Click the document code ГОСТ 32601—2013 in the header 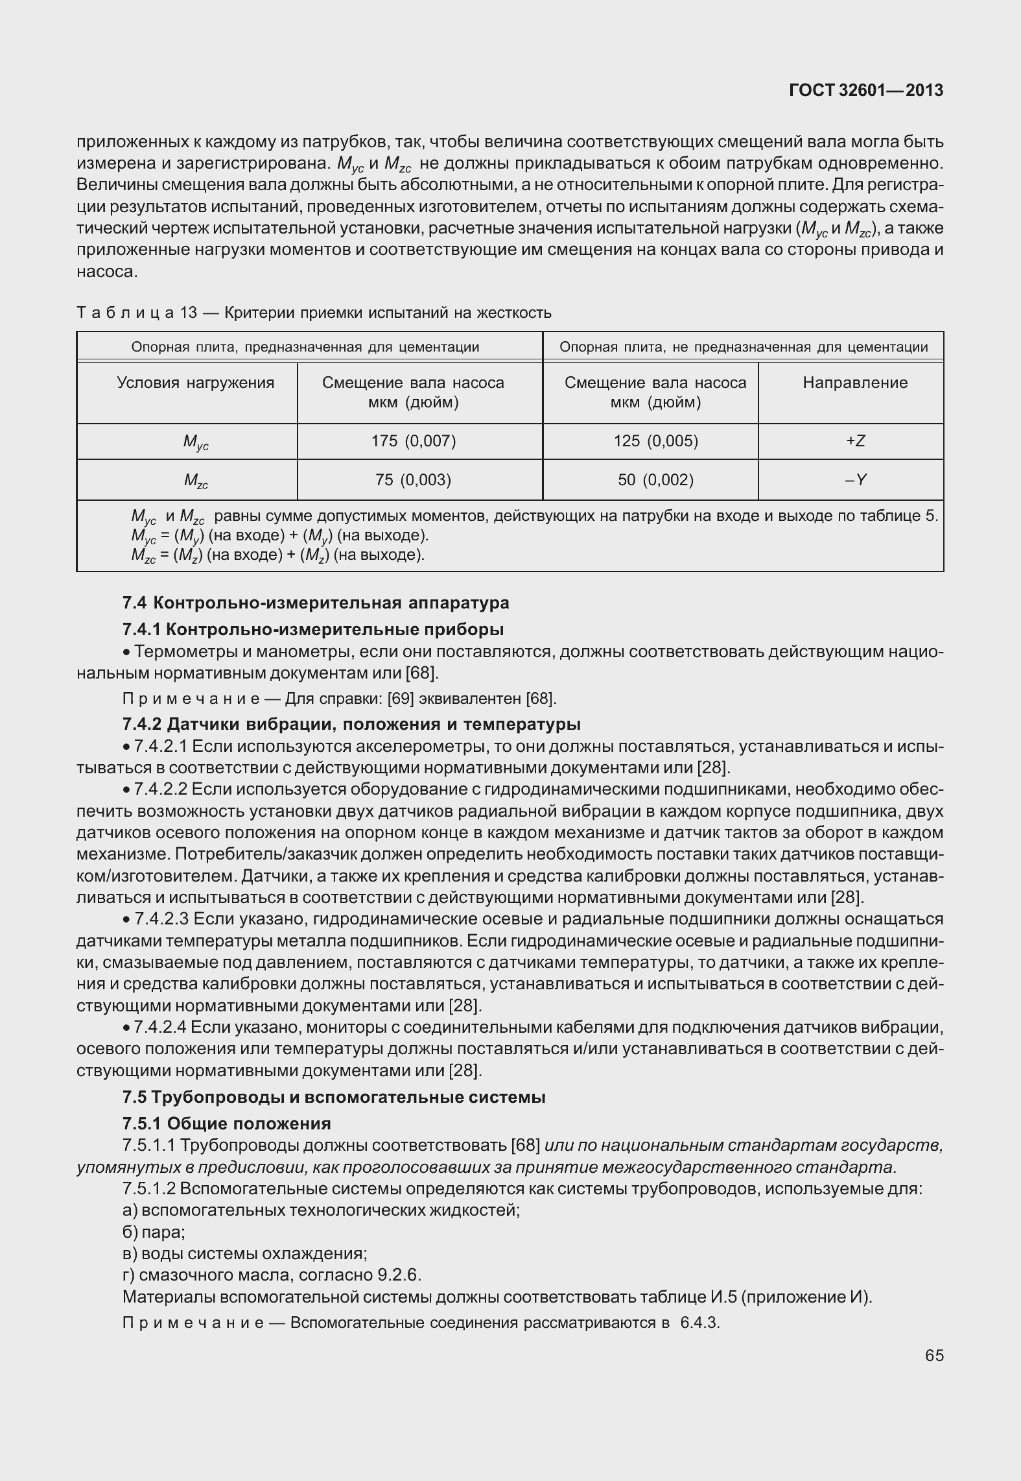tap(865, 91)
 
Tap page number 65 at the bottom tap(934, 1355)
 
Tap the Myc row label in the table tap(196, 442)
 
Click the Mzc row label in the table tap(196, 481)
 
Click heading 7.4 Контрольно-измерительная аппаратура tap(316, 603)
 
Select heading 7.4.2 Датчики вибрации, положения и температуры tap(351, 723)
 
